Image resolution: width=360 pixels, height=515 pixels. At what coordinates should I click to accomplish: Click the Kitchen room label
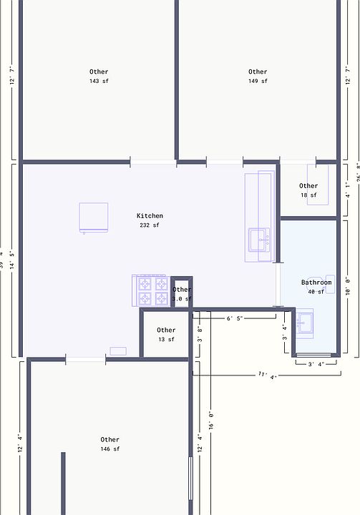(x=150, y=216)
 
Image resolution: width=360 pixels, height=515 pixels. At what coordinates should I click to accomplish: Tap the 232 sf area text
(x=150, y=225)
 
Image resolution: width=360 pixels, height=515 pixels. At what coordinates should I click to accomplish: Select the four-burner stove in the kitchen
(x=151, y=291)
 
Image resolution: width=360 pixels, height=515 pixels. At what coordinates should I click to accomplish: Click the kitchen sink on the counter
(x=259, y=240)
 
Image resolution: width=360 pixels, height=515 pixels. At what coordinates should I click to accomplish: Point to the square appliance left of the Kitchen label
(x=93, y=217)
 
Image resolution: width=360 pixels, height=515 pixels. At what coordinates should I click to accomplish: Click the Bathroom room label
(x=316, y=283)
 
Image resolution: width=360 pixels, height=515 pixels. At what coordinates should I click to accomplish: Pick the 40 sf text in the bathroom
(x=316, y=292)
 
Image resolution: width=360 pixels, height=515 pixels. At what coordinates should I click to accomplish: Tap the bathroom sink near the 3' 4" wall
(x=306, y=323)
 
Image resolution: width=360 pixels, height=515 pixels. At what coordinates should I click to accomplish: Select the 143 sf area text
(x=99, y=82)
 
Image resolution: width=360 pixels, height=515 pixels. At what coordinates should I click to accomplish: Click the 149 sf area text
(x=258, y=82)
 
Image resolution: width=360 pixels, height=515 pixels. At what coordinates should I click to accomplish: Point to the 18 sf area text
(x=308, y=195)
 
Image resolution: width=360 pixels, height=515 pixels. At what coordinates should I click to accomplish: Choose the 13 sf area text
(x=166, y=340)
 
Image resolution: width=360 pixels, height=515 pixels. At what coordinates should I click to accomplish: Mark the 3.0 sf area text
(x=182, y=299)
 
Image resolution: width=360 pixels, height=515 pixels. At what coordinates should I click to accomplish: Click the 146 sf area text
(x=110, y=449)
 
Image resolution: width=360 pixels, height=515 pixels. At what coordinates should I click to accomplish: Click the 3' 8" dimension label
(x=200, y=335)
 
